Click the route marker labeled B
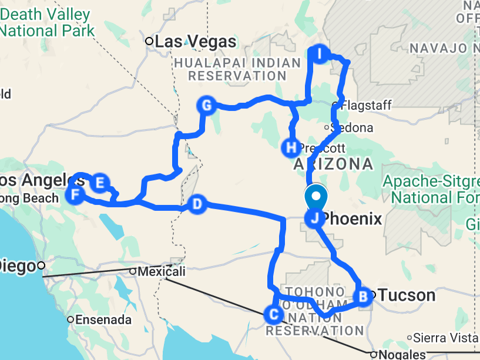pos(363,296)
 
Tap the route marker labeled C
pos(274,314)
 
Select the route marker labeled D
pos(197,204)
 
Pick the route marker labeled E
pos(99,182)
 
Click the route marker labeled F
pos(75,194)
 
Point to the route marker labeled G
pos(206,105)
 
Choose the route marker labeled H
pos(290,147)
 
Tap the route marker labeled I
pos(319,54)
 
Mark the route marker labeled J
pos(315,219)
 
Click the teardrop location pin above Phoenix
pos(315,197)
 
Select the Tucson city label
pos(407,295)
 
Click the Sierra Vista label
pos(445,338)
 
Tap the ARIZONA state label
pos(333,164)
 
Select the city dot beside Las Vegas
pos(150,41)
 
